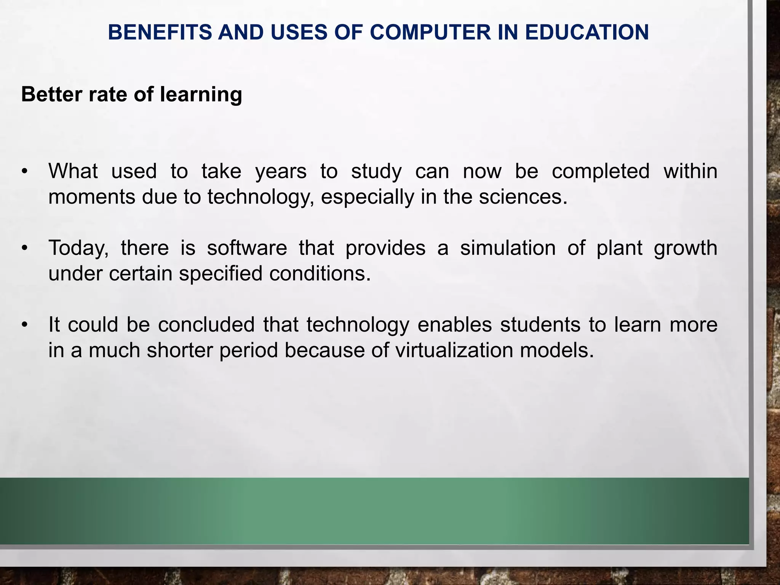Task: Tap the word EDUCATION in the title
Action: click(587, 32)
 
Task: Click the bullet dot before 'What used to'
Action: click(25, 171)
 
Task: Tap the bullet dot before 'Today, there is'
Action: click(25, 248)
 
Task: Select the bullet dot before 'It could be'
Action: click(25, 325)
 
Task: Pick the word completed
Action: click(601, 171)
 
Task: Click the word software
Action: click(247, 248)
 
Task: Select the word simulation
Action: click(508, 248)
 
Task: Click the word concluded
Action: click(206, 325)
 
